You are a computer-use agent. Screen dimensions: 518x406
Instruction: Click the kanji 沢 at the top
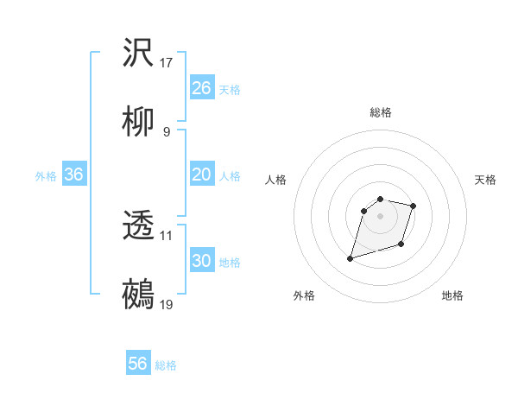(x=138, y=53)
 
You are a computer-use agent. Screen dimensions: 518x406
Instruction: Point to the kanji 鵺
(x=138, y=294)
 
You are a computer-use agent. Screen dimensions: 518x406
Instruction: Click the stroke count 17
(x=167, y=63)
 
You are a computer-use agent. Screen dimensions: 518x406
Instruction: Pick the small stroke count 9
(x=167, y=131)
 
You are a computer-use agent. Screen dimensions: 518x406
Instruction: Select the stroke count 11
(x=167, y=235)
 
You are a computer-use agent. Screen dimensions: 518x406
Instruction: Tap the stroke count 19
(x=167, y=304)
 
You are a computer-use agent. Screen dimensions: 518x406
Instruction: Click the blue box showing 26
(x=201, y=88)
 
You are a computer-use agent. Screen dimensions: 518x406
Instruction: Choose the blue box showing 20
(x=201, y=174)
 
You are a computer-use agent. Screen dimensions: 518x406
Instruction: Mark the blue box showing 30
(x=201, y=261)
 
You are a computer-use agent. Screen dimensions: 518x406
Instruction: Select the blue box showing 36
(x=73, y=174)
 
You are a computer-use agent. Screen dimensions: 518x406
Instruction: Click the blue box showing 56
(x=137, y=364)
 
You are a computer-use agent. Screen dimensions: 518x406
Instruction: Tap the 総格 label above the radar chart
(x=380, y=112)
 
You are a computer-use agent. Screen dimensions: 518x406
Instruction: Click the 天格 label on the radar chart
(x=485, y=180)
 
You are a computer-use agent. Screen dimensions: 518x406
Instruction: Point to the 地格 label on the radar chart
(x=452, y=295)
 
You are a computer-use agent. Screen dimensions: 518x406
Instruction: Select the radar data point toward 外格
(x=351, y=258)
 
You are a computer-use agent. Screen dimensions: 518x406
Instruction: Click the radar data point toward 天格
(x=414, y=206)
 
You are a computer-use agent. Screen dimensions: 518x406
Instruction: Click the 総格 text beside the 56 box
(x=166, y=365)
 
